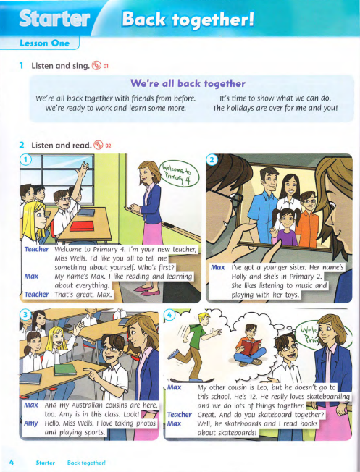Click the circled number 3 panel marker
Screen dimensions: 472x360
25,296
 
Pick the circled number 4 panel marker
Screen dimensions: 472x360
171,296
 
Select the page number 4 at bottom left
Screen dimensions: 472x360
12,460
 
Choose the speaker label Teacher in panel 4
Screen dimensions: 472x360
179,415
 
